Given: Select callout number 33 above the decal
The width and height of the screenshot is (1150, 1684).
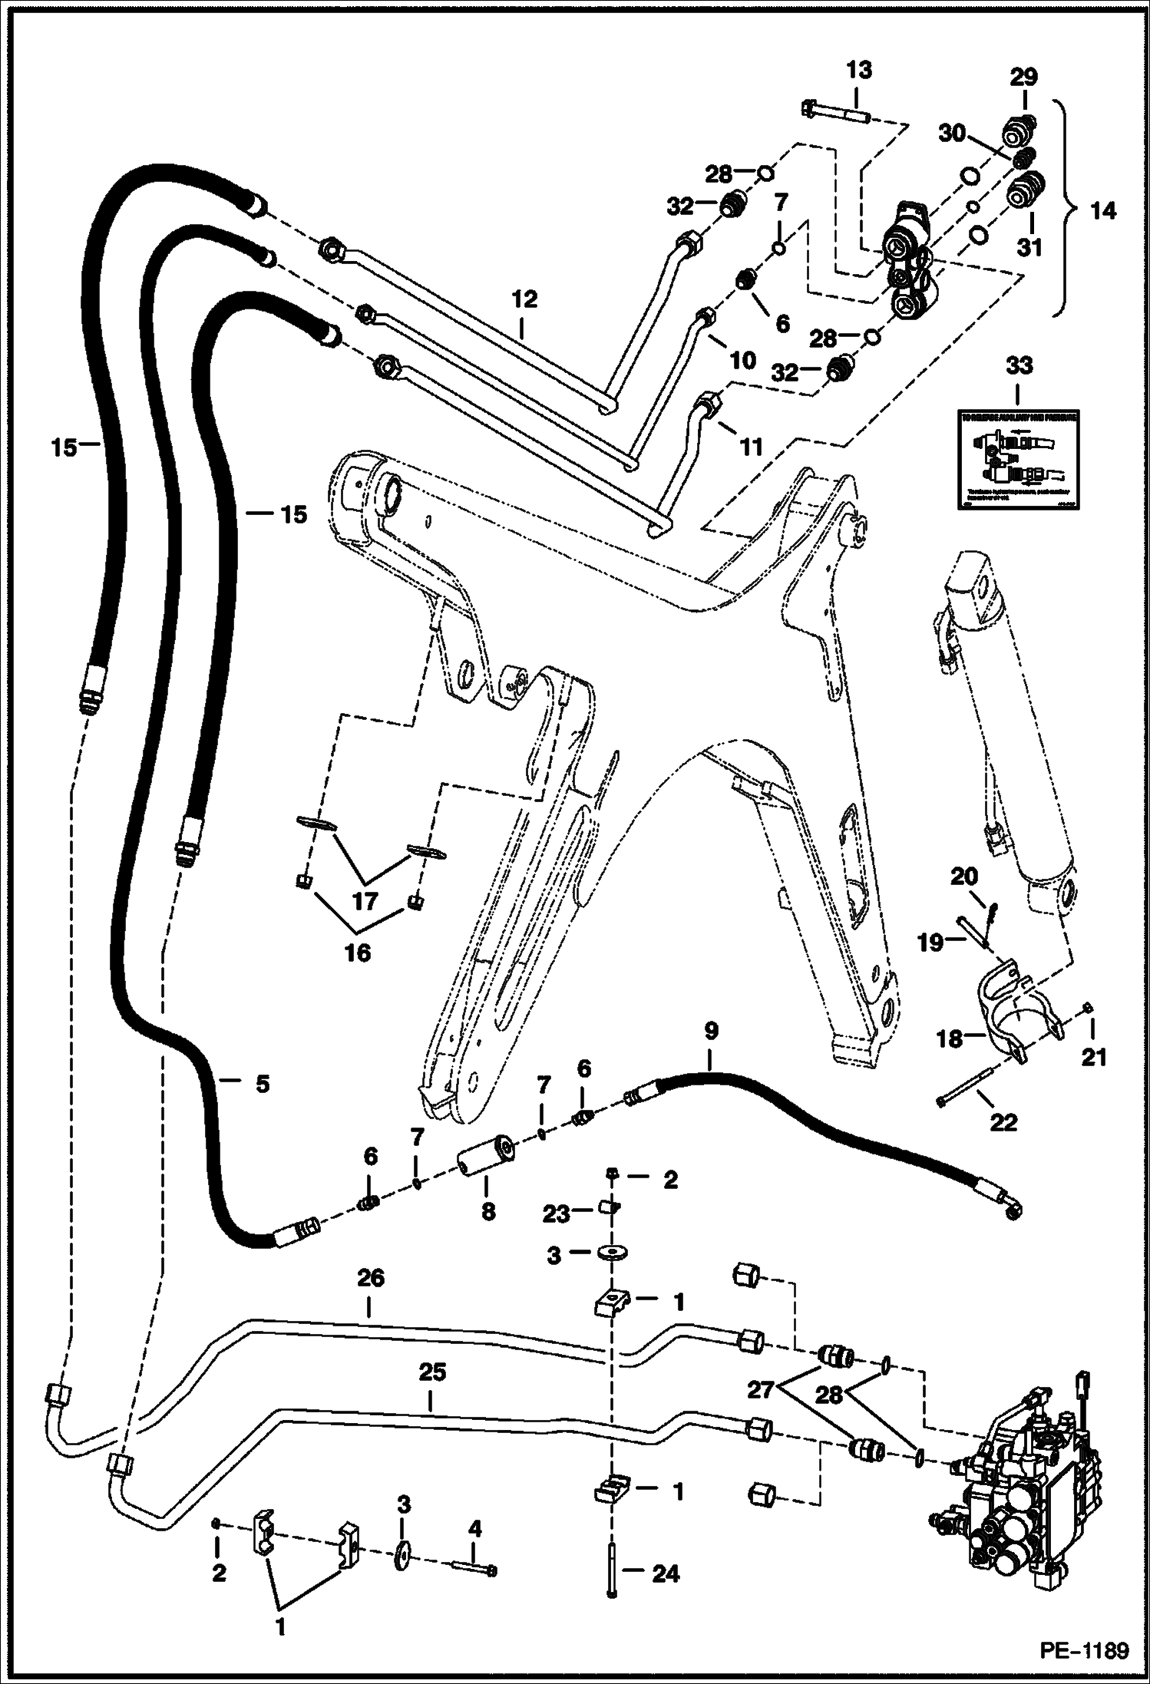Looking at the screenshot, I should pyautogui.click(x=1019, y=366).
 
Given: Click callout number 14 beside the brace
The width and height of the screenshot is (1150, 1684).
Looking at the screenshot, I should pyautogui.click(x=1103, y=210).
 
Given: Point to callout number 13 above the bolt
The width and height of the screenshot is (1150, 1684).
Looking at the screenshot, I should pyautogui.click(x=859, y=71).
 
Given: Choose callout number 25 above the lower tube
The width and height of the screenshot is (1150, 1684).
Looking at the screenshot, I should pyautogui.click(x=431, y=1372).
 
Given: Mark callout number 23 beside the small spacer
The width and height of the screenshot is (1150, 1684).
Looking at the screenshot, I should pyautogui.click(x=557, y=1213).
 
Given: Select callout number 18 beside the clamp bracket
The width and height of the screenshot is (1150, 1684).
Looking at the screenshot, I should pyautogui.click(x=950, y=1039).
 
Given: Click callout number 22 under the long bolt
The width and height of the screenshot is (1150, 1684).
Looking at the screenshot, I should pyautogui.click(x=1003, y=1122).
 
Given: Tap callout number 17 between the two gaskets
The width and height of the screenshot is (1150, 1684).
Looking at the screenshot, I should pyautogui.click(x=365, y=900).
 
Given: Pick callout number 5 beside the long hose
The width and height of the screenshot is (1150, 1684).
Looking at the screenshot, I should pyautogui.click(x=263, y=1084).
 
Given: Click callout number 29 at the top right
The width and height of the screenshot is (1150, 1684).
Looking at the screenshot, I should pyautogui.click(x=1023, y=77).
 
